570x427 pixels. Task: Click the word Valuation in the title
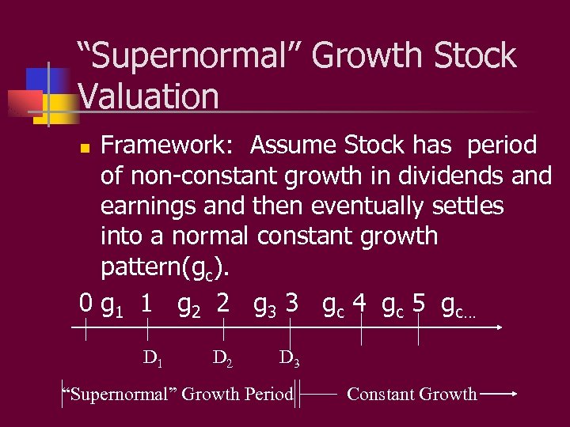tap(148, 96)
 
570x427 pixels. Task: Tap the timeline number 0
tap(86, 303)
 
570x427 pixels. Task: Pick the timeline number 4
tap(360, 303)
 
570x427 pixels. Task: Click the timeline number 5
tap(419, 303)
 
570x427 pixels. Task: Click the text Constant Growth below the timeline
tap(412, 394)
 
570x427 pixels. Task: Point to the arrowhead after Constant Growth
tap(513, 394)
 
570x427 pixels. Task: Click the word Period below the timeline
tap(269, 394)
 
